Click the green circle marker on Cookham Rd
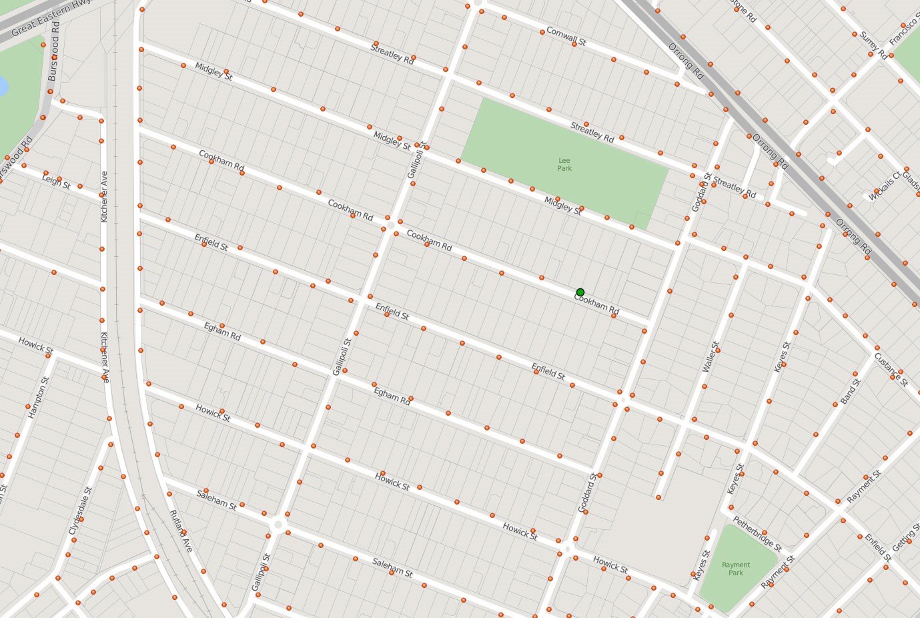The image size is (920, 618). pyautogui.click(x=580, y=292)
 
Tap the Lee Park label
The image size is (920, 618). pyautogui.click(x=564, y=164)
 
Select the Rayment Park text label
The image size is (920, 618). pyautogui.click(x=736, y=569)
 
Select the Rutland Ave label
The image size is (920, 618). pyautogui.click(x=181, y=531)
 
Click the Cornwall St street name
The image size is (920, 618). pyautogui.click(x=566, y=36)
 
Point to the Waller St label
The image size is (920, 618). pyautogui.click(x=711, y=357)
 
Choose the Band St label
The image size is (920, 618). pyautogui.click(x=851, y=391)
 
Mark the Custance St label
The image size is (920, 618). pyautogui.click(x=891, y=369)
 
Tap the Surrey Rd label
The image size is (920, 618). pyautogui.click(x=873, y=45)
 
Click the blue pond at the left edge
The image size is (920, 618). pyautogui.click(x=2, y=86)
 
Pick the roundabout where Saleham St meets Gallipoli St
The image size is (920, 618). pyautogui.click(x=278, y=525)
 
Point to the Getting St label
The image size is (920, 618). pyautogui.click(x=906, y=538)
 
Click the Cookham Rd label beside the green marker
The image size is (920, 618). pyautogui.click(x=597, y=305)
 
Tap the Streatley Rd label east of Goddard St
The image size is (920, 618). pyautogui.click(x=734, y=187)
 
